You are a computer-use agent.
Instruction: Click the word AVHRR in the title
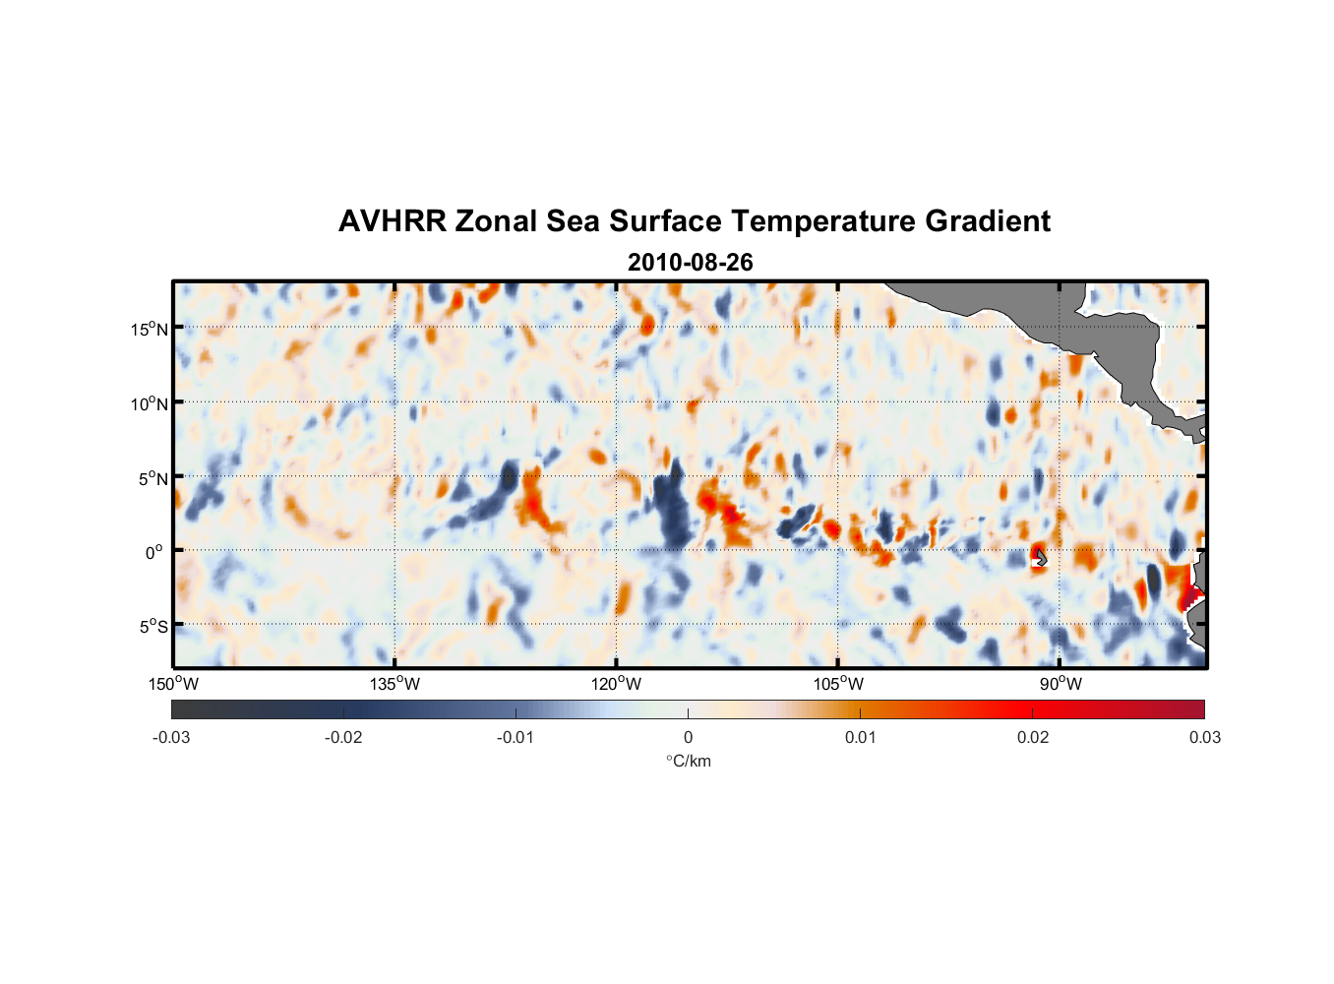392,221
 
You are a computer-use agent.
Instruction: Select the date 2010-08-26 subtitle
690,263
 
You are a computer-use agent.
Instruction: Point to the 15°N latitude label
150,329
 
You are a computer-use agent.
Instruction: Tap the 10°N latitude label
150,403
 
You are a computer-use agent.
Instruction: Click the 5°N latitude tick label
152,478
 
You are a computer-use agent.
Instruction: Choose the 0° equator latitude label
155,552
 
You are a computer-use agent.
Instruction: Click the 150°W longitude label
174,684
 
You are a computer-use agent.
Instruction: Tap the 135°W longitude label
395,684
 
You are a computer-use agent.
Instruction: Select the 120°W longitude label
617,684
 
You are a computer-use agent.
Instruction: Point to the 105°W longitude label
838,684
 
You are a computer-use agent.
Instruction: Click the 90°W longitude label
1061,684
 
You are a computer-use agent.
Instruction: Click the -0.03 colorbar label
171,737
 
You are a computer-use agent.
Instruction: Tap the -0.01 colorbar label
515,737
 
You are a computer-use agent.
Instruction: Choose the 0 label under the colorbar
688,737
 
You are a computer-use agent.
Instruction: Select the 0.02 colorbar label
1033,737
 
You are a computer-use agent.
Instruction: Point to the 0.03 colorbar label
1204,737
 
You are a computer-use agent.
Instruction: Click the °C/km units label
688,761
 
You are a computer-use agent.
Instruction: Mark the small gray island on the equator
1041,558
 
